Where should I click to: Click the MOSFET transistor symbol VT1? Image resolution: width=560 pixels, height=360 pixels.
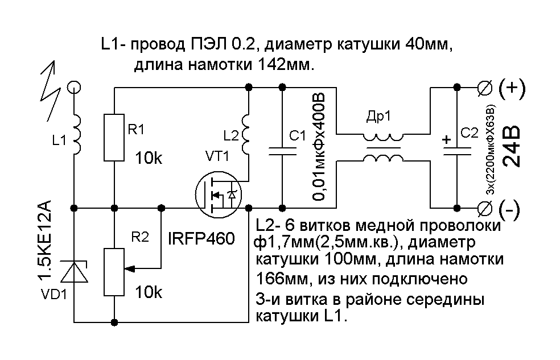(x=219, y=195)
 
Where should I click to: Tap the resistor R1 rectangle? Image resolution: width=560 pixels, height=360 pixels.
(x=114, y=138)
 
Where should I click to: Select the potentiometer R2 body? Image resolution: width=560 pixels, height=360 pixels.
(x=114, y=272)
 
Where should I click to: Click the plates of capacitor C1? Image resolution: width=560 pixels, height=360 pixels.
(x=282, y=151)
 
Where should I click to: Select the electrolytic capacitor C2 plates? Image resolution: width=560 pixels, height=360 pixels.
(x=457, y=151)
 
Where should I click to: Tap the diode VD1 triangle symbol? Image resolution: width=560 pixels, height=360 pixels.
(x=74, y=272)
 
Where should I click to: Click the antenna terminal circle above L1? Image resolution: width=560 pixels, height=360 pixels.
(x=74, y=87)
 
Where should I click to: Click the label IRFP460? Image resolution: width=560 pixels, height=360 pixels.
(x=201, y=239)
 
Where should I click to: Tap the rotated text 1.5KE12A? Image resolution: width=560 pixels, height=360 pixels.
(x=44, y=241)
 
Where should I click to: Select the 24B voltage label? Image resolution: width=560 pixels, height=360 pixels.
(x=511, y=146)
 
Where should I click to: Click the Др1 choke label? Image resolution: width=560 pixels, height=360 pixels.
(x=378, y=117)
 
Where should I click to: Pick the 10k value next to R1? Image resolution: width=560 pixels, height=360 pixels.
(x=148, y=158)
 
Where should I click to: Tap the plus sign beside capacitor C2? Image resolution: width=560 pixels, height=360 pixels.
(x=446, y=139)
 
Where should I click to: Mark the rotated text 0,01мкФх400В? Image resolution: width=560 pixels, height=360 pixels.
(x=319, y=147)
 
